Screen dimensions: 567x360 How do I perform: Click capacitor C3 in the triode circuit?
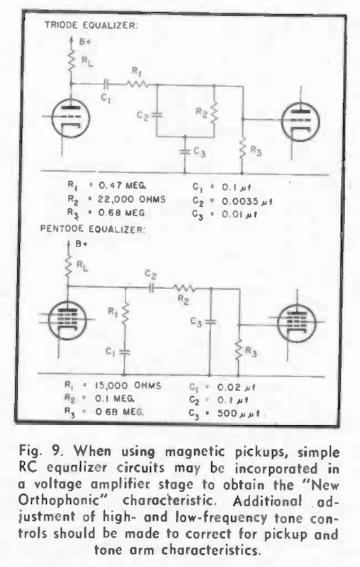click(184, 152)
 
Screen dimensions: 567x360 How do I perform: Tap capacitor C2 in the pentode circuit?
click(151, 288)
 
